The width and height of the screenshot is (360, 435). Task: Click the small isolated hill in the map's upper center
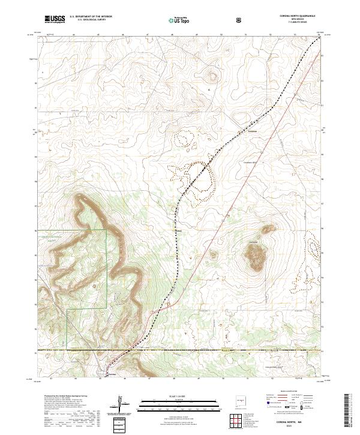211,76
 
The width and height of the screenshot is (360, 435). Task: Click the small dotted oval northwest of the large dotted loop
182,139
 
